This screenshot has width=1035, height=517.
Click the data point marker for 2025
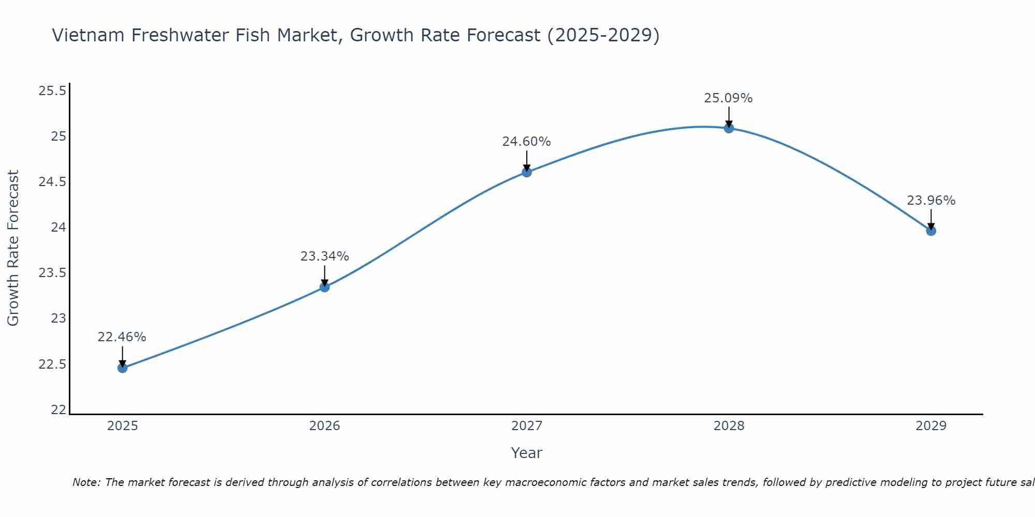tap(122, 368)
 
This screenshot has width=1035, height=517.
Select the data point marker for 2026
tap(324, 287)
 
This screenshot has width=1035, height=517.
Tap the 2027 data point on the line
tap(527, 172)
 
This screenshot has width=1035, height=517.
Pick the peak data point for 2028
tap(729, 128)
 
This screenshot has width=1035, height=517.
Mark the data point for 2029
tap(931, 231)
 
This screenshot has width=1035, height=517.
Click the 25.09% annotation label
tap(728, 98)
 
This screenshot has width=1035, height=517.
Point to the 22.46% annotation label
tap(122, 337)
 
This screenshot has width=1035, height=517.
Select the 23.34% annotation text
tap(324, 256)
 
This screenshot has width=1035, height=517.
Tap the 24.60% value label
tap(526, 142)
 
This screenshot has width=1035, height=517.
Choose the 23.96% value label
tap(930, 201)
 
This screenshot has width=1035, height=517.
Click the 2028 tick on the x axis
tap(729, 426)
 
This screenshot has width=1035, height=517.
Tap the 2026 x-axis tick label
tap(324, 426)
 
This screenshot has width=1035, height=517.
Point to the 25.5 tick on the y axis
tap(52, 92)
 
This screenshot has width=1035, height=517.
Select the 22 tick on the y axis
tap(58, 410)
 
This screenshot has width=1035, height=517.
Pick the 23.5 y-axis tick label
tap(52, 273)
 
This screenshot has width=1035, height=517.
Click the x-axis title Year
tap(526, 453)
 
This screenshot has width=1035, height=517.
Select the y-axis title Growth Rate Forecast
tap(13, 248)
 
